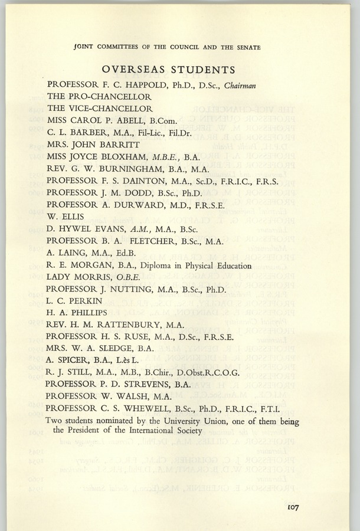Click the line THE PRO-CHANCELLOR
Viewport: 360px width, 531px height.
click(99, 97)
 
